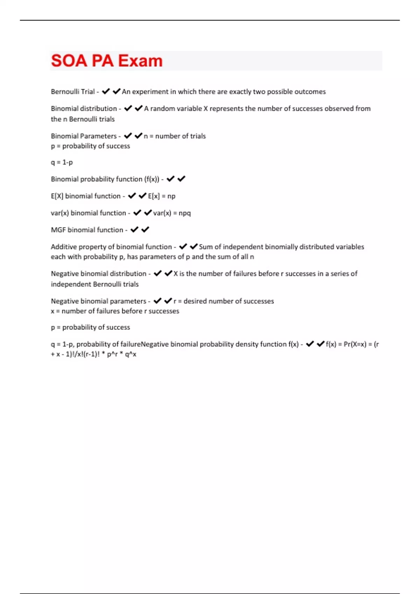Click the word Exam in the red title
tap(140, 61)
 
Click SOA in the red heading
tap(69, 61)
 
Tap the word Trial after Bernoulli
tap(87, 92)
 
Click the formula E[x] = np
tap(161, 196)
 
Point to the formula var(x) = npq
tap(172, 213)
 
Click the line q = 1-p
tap(62, 162)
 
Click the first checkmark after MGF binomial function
tap(134, 230)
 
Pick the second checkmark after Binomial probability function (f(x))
tap(181, 179)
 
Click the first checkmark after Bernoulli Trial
tap(106, 92)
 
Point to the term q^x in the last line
tap(131, 354)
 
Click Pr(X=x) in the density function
tap(355, 344)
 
